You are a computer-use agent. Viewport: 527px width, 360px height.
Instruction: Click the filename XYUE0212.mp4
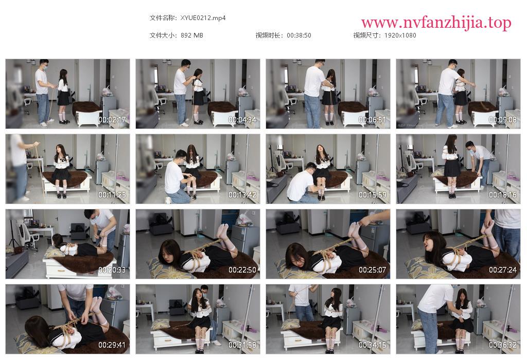click(x=203, y=18)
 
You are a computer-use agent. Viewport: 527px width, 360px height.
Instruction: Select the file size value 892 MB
click(x=192, y=35)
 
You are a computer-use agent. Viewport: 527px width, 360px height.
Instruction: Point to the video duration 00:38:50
click(x=299, y=35)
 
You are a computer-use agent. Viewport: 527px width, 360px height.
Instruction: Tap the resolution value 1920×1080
click(x=400, y=35)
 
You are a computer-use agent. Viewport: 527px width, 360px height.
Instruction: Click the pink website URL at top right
click(x=436, y=23)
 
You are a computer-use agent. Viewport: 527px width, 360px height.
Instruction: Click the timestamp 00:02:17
click(x=112, y=119)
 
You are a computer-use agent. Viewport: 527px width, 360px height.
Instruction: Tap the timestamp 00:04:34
click(x=242, y=119)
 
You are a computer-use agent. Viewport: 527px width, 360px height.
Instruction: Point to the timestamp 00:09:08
click(x=502, y=119)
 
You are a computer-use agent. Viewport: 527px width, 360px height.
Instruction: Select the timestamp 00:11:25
click(x=112, y=195)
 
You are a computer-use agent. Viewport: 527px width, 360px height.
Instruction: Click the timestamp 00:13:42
click(x=242, y=195)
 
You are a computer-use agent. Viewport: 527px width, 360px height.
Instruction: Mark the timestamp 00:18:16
click(x=502, y=195)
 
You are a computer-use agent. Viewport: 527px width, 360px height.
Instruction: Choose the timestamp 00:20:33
click(x=112, y=269)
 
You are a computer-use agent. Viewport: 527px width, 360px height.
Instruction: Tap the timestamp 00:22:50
click(x=242, y=269)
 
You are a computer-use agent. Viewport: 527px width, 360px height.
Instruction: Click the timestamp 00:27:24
click(x=502, y=269)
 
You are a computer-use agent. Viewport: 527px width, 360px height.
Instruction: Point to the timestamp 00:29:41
click(x=112, y=345)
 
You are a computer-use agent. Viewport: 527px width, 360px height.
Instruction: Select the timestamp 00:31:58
click(x=242, y=345)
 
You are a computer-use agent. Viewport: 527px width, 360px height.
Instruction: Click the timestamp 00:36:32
click(x=502, y=345)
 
